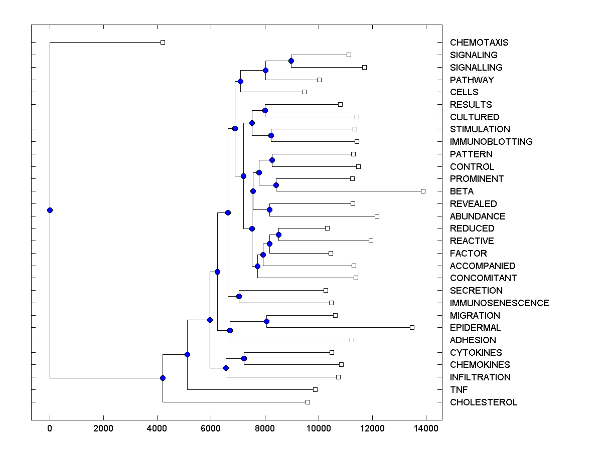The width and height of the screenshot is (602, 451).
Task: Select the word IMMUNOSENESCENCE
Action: pos(499,303)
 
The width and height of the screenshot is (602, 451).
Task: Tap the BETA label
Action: pos(462,191)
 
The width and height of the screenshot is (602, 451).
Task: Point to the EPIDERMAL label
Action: pos(475,328)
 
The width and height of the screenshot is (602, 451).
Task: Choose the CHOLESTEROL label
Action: pos(484,402)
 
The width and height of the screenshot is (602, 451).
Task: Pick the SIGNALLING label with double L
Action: pos(476,68)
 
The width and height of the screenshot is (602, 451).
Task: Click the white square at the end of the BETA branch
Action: pos(423,191)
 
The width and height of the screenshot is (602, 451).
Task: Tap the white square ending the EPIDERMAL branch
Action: pos(412,327)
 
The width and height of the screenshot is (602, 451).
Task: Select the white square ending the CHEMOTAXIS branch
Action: pos(163,42)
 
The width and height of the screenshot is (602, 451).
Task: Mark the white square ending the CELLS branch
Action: pos(304,92)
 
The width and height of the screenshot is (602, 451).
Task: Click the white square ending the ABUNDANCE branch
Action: pos(377,216)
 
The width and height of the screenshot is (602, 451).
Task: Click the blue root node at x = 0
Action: pos(50,210)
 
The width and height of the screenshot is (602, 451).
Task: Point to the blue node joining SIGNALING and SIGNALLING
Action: pos(291,61)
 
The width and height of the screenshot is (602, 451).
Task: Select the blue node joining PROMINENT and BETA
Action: pos(276,185)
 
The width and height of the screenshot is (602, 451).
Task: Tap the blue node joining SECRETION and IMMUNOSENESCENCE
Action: pos(239,296)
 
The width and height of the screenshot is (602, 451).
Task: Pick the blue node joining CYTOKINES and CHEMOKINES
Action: pos(244,358)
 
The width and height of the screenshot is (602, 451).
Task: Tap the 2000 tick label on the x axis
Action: pos(103,427)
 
